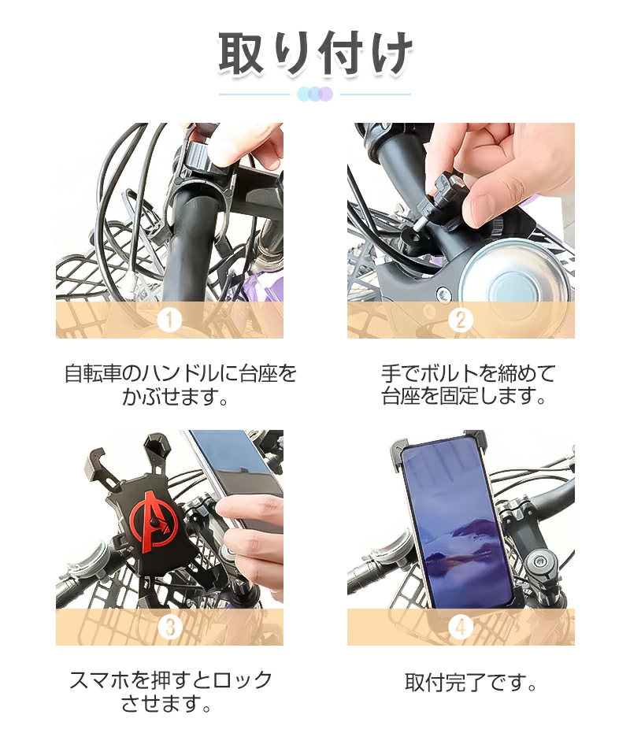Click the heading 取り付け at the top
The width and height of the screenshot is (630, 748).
click(x=315, y=53)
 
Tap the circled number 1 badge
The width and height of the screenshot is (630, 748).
click(x=169, y=320)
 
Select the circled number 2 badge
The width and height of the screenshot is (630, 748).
click(x=461, y=320)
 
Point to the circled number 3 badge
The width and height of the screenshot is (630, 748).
click(x=169, y=627)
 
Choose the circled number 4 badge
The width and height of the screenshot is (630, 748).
click(x=461, y=627)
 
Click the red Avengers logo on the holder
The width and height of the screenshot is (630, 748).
click(x=154, y=522)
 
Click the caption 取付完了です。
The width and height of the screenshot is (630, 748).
click(x=470, y=683)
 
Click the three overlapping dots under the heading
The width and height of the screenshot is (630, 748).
click(x=314, y=94)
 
